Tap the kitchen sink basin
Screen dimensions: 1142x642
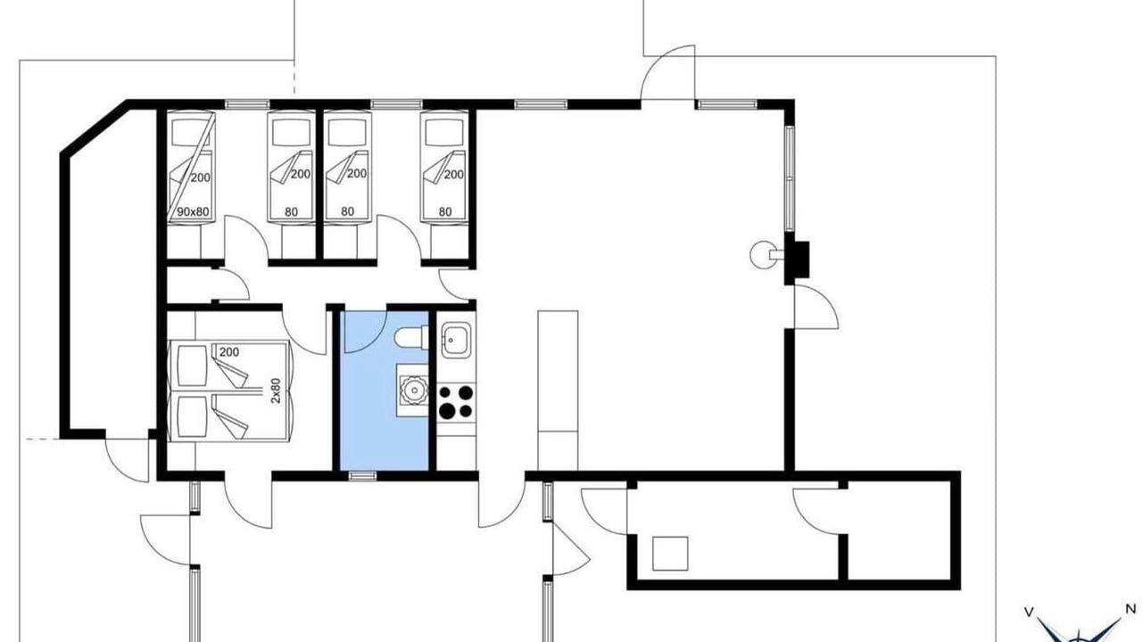click(x=455, y=340)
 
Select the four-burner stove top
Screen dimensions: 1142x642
click(x=456, y=401)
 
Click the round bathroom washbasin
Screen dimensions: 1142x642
click(x=413, y=391)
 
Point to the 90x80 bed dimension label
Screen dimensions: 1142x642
click(x=193, y=211)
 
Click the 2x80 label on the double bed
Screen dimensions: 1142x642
click(x=276, y=391)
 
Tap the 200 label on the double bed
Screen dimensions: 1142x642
click(x=229, y=352)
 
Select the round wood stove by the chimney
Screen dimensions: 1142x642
click(x=762, y=254)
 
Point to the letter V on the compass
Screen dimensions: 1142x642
click(x=1029, y=612)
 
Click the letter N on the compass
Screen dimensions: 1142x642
click(x=1130, y=608)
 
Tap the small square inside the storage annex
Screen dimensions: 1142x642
click(x=670, y=554)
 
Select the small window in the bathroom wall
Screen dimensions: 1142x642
click(x=362, y=476)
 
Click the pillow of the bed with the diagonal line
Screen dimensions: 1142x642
click(x=190, y=133)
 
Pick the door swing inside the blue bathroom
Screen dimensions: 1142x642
click(x=365, y=332)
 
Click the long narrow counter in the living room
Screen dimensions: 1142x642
click(x=558, y=391)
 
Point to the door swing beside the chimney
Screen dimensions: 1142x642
click(x=815, y=307)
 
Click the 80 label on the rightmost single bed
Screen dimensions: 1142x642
click(x=445, y=211)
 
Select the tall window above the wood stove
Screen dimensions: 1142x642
click(x=790, y=178)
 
